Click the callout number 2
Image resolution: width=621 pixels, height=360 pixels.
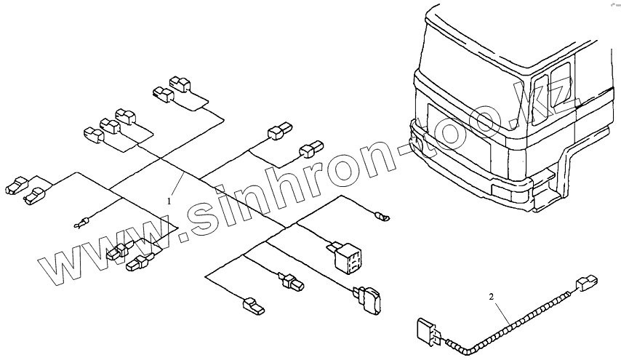pos(491,297)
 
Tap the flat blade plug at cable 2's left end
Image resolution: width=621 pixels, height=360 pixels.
pos(426,332)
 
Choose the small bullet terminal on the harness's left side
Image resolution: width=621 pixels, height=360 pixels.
pos(82,223)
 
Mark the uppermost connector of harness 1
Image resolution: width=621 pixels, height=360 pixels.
pos(179,85)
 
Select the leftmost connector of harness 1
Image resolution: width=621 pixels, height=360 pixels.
pos(16,186)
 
